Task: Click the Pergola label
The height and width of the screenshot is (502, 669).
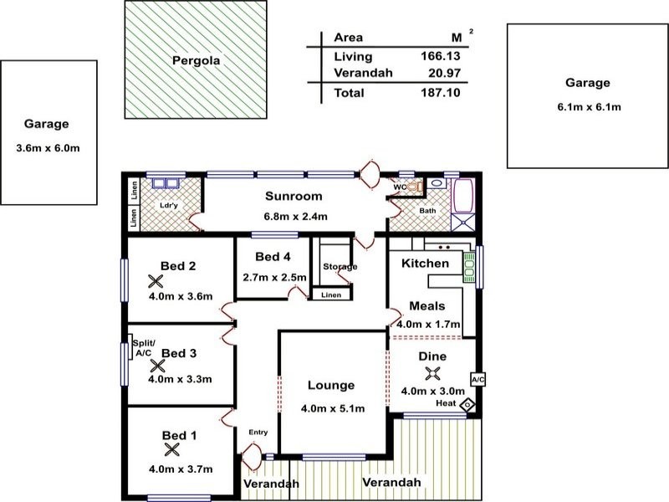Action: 197,60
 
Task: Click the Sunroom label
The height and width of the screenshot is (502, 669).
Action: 294,197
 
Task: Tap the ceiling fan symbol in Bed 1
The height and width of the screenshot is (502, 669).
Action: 171,449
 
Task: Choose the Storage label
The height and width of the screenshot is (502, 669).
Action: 340,267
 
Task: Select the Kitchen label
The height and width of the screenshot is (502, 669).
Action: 425,264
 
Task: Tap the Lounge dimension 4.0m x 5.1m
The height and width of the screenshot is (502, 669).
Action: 331,408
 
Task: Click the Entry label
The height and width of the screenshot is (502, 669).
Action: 258,432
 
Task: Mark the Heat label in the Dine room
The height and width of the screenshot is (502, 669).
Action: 446,404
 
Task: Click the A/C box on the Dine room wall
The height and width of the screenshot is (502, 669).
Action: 478,379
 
